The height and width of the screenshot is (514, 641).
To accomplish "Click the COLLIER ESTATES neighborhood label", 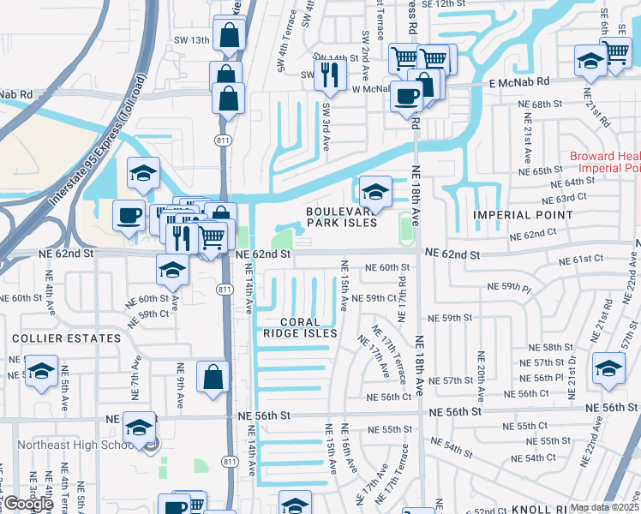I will click(x=66, y=338).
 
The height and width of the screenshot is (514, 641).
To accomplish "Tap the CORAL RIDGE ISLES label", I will click(x=299, y=327).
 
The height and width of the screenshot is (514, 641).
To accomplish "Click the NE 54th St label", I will click(x=452, y=446).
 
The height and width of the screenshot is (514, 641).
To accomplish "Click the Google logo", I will click(x=28, y=504).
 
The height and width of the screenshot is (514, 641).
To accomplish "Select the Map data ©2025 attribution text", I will click(x=604, y=507).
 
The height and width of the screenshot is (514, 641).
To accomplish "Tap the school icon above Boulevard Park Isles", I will click(x=374, y=190).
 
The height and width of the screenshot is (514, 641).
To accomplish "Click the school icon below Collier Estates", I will click(x=40, y=372).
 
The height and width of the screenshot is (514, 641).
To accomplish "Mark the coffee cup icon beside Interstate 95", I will click(x=129, y=214).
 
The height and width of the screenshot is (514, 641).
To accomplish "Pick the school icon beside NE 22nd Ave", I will click(x=609, y=368).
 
